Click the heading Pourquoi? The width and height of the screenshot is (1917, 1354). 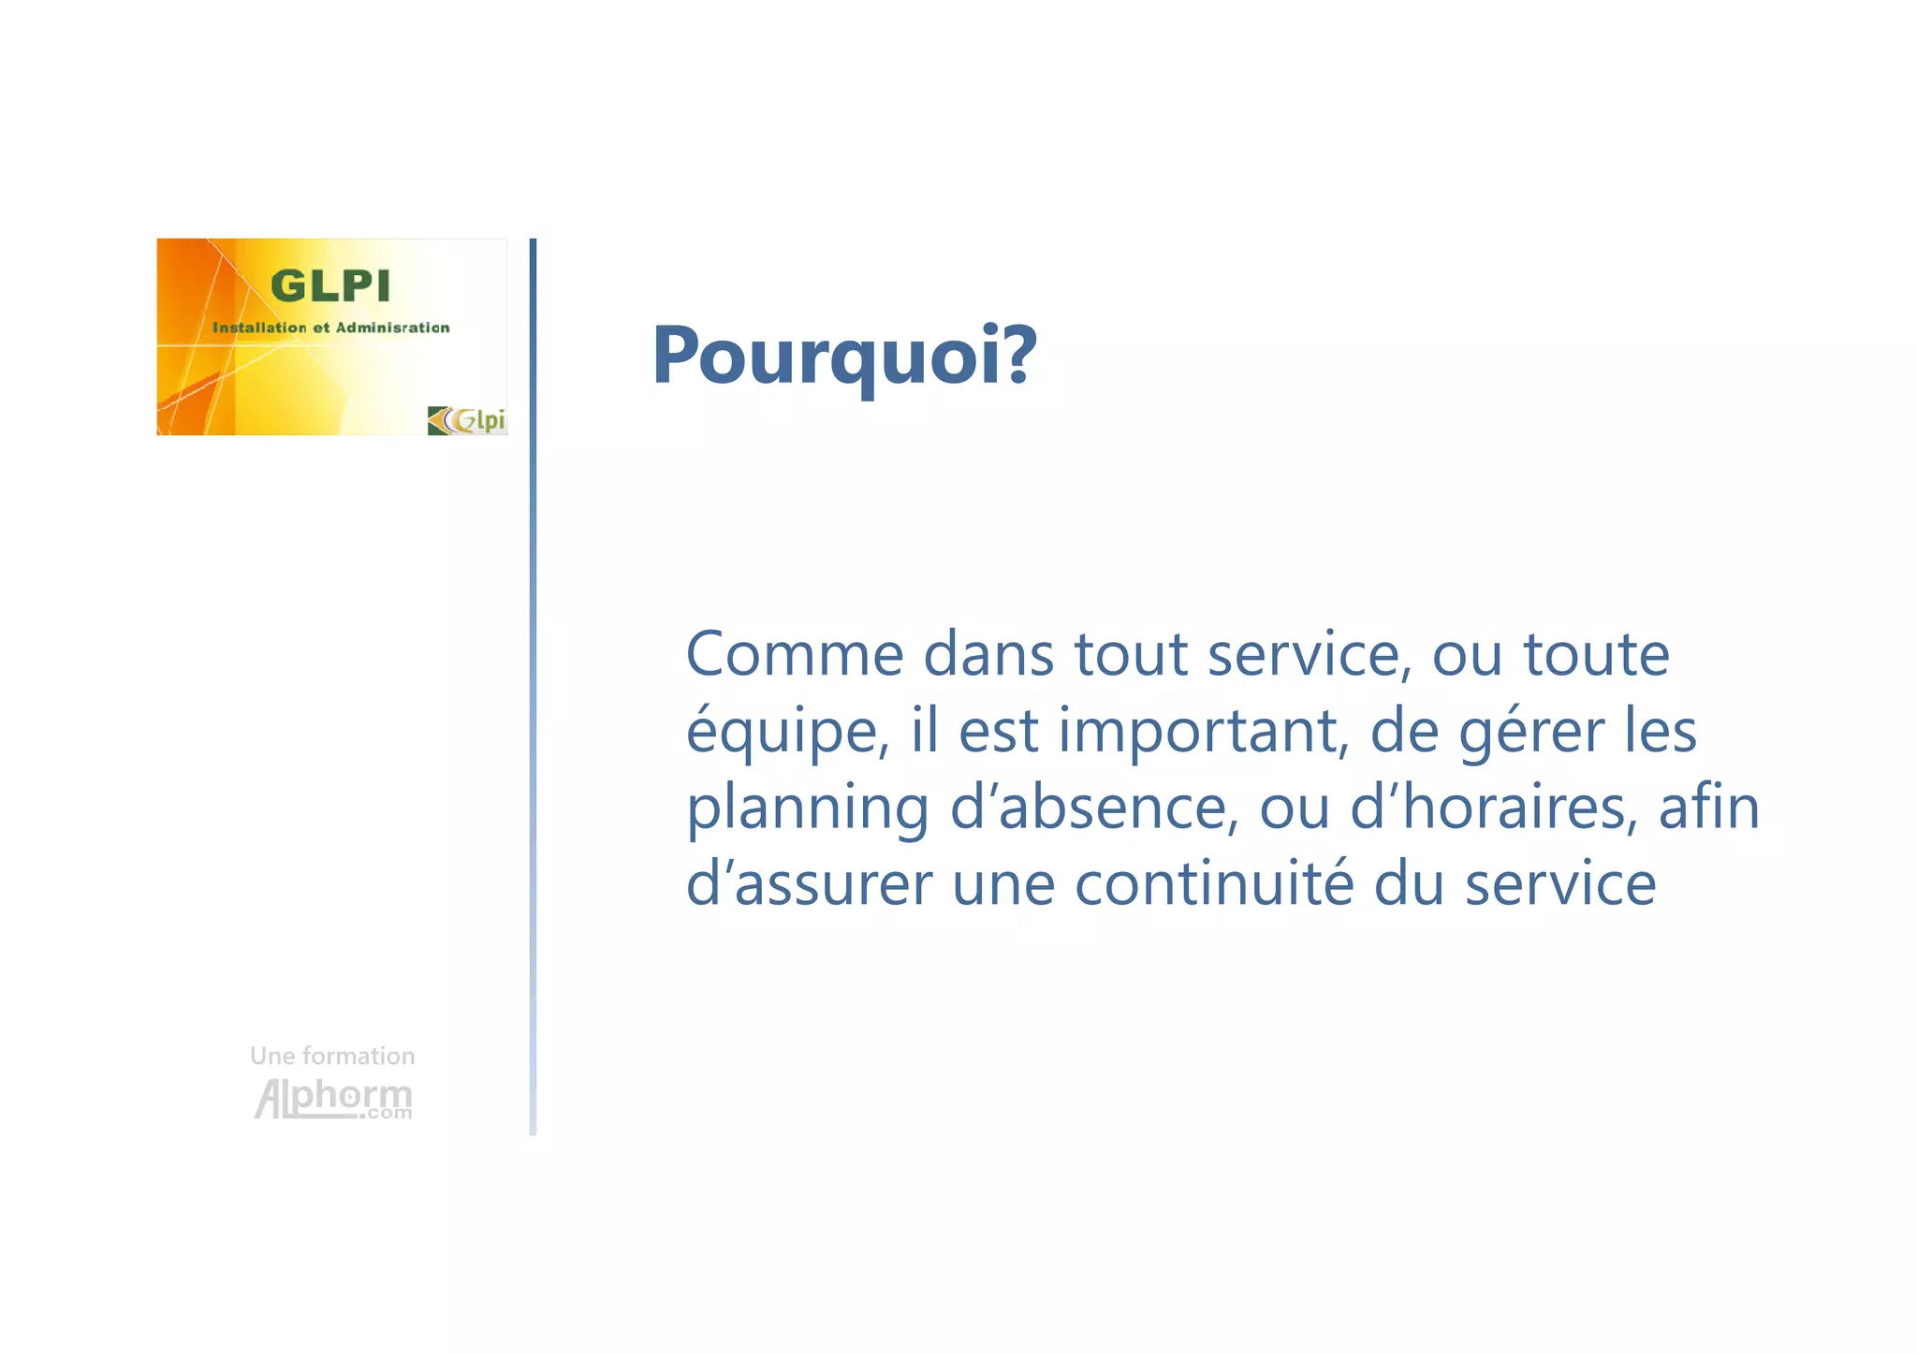click(x=844, y=356)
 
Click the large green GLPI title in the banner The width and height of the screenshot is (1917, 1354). click(x=329, y=286)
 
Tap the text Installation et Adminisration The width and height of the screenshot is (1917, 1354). click(x=330, y=328)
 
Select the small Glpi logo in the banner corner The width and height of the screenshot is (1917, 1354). click(x=466, y=420)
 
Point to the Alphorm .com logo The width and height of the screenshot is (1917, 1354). click(x=333, y=1099)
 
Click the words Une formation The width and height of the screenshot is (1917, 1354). click(x=332, y=1056)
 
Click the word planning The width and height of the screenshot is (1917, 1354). click(x=808, y=808)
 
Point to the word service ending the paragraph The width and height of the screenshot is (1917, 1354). click(x=1560, y=884)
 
